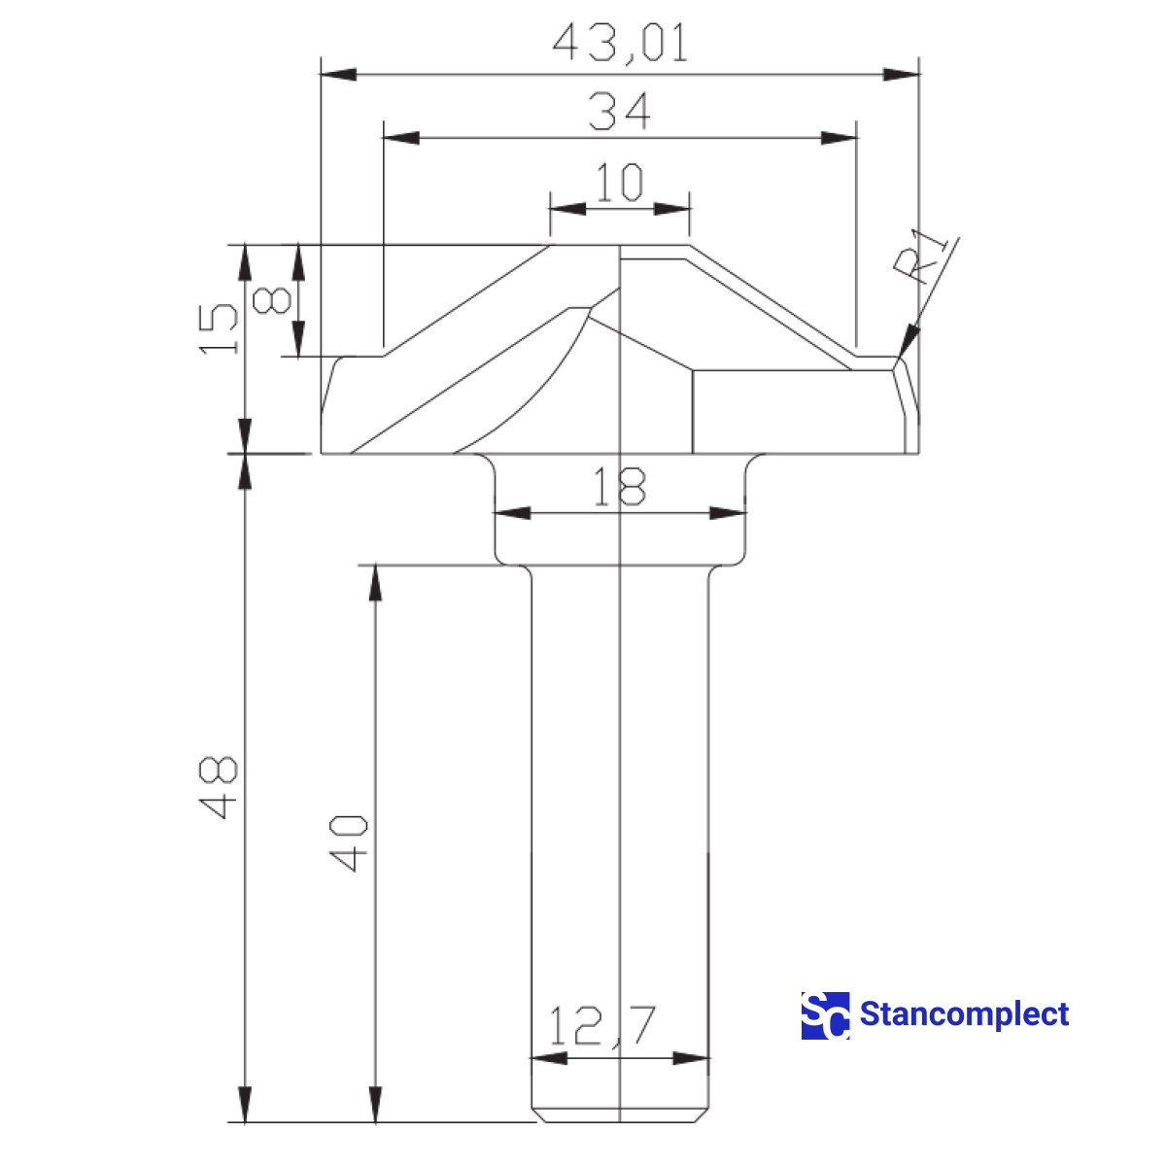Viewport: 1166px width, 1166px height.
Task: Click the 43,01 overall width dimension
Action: coord(620,43)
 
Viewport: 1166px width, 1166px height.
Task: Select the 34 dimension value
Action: coord(620,111)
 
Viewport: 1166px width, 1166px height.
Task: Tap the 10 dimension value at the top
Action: coord(619,183)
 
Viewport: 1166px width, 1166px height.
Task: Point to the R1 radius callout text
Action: coord(927,255)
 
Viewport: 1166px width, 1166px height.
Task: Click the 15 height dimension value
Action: coord(219,328)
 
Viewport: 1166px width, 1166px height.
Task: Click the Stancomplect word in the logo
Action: coord(964,1014)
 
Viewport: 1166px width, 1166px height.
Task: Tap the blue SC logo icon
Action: coord(825,1015)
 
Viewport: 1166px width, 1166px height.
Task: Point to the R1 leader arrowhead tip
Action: coord(902,358)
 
